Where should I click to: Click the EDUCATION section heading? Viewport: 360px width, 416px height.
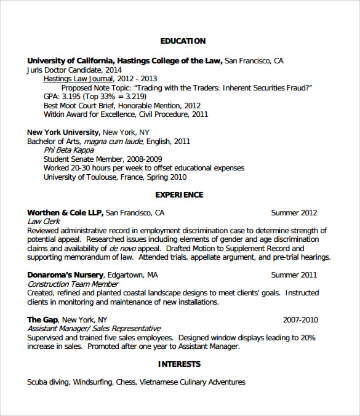click(x=183, y=41)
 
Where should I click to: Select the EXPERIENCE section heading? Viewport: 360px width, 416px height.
click(x=179, y=195)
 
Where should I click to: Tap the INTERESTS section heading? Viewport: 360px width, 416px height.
click(x=179, y=364)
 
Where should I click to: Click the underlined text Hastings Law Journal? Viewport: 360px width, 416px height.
click(x=78, y=79)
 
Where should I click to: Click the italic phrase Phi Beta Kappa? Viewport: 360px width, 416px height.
click(x=68, y=150)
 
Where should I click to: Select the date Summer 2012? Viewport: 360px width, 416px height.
click(x=294, y=213)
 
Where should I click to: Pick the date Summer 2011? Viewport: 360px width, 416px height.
click(x=294, y=275)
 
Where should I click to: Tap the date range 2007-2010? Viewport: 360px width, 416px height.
click(x=300, y=320)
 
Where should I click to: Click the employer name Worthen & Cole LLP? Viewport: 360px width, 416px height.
click(x=65, y=213)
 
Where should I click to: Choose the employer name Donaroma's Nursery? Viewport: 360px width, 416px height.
click(x=65, y=275)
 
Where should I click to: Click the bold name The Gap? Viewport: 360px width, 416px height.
click(x=42, y=320)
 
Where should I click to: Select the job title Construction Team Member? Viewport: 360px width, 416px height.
click(x=73, y=284)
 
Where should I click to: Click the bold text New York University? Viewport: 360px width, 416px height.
click(x=63, y=132)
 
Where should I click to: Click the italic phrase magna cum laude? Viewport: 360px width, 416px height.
click(x=113, y=142)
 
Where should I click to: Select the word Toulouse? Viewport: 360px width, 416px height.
click(x=102, y=177)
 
